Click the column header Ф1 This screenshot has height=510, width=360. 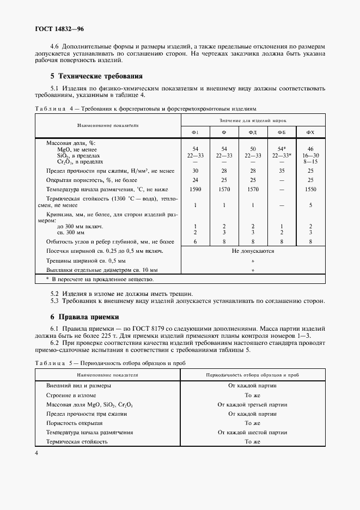pos(195,132)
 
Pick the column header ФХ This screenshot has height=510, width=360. pos(310,132)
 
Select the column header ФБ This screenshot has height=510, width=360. pos(282,132)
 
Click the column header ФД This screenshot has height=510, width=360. pos(253,132)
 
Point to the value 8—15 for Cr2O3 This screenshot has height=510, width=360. pos(310,161)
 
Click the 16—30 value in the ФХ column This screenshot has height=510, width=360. pos(310,155)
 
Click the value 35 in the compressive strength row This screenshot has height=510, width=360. pos(282,171)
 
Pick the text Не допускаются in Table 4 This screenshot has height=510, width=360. pos(253,251)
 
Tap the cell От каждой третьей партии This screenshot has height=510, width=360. pos(252,404)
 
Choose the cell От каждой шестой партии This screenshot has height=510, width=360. pos(252,432)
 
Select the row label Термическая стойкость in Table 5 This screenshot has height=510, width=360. pos(76,441)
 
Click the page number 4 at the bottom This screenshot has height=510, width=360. pos(36,453)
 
